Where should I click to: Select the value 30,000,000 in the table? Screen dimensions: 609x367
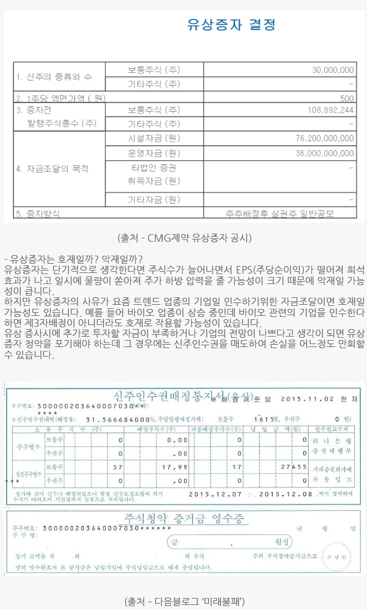(333, 70)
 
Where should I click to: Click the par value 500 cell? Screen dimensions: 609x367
(347, 98)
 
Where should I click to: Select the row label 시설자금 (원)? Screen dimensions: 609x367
(154, 139)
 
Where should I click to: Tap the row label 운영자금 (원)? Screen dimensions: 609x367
(154, 153)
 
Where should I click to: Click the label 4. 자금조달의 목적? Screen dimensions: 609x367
(52, 169)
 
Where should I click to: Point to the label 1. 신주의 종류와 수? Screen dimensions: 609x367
(53, 77)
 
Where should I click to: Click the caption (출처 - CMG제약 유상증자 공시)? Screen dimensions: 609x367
(183, 238)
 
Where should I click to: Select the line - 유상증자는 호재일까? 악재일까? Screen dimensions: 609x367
(73, 259)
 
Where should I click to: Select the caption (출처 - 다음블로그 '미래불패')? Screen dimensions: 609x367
(183, 601)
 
